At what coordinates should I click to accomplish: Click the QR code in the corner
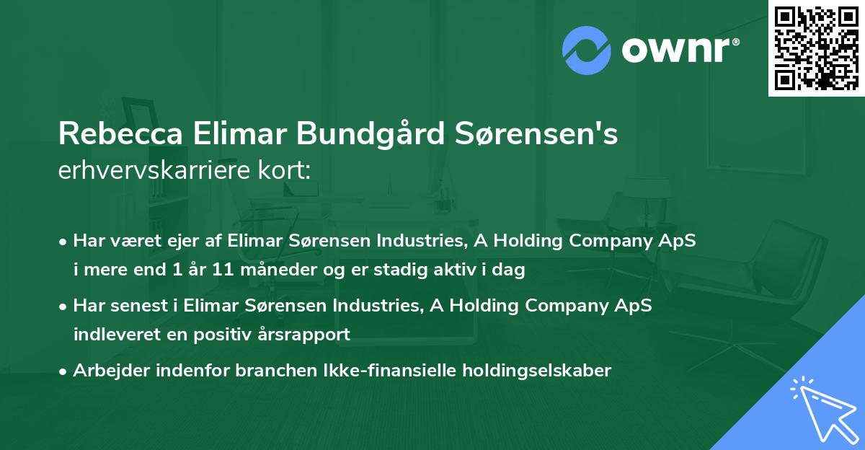[817, 48]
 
